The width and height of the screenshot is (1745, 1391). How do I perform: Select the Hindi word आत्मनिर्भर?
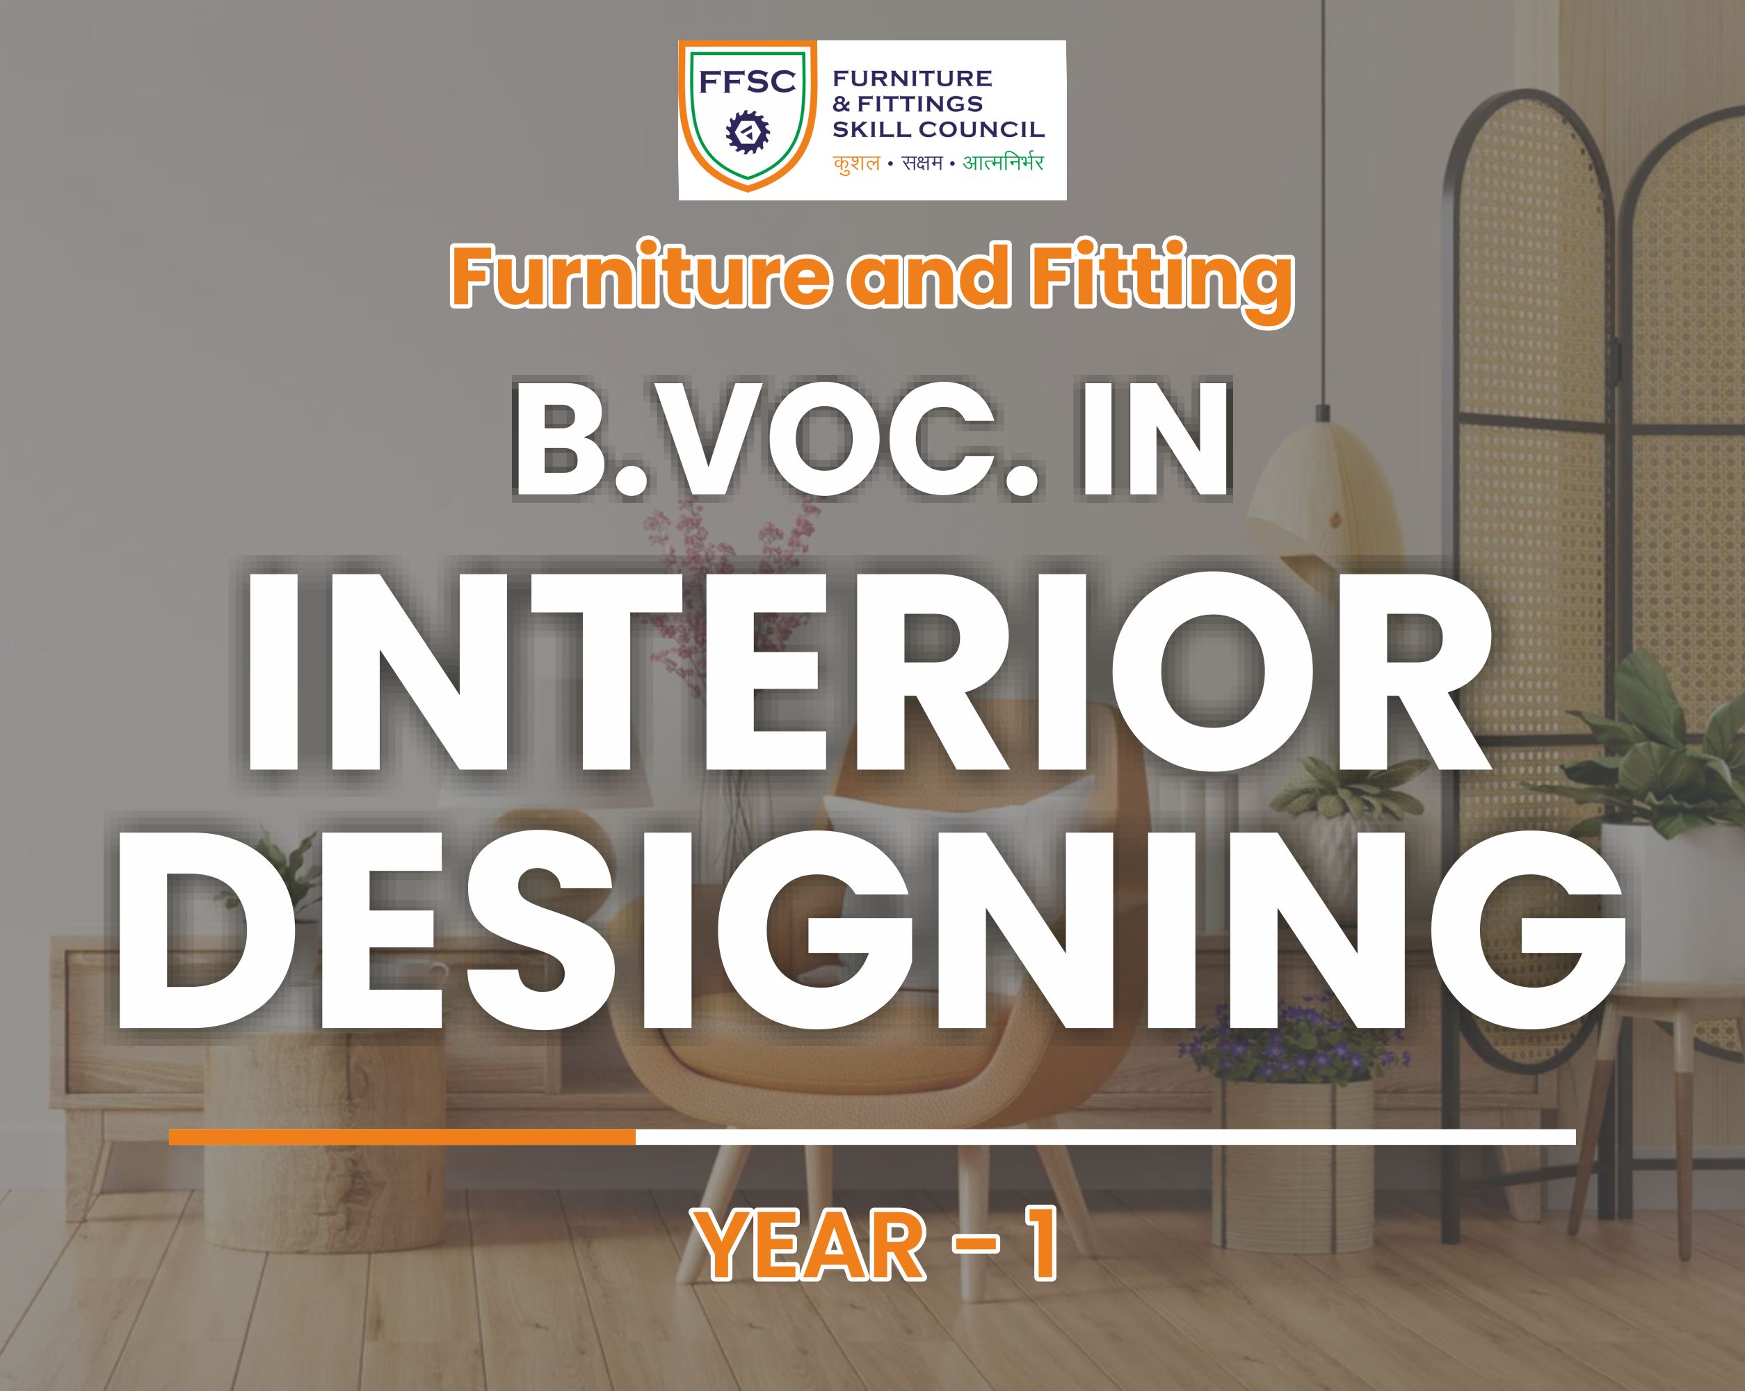[x=1004, y=163]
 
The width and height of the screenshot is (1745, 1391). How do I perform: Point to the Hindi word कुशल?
[x=856, y=163]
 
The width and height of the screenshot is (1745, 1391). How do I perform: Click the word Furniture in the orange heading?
[x=639, y=278]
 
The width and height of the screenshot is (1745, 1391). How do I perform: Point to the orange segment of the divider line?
[x=402, y=1137]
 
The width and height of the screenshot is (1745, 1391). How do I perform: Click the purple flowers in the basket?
[x=1295, y=1052]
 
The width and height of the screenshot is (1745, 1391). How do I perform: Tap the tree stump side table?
[x=323, y=1133]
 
